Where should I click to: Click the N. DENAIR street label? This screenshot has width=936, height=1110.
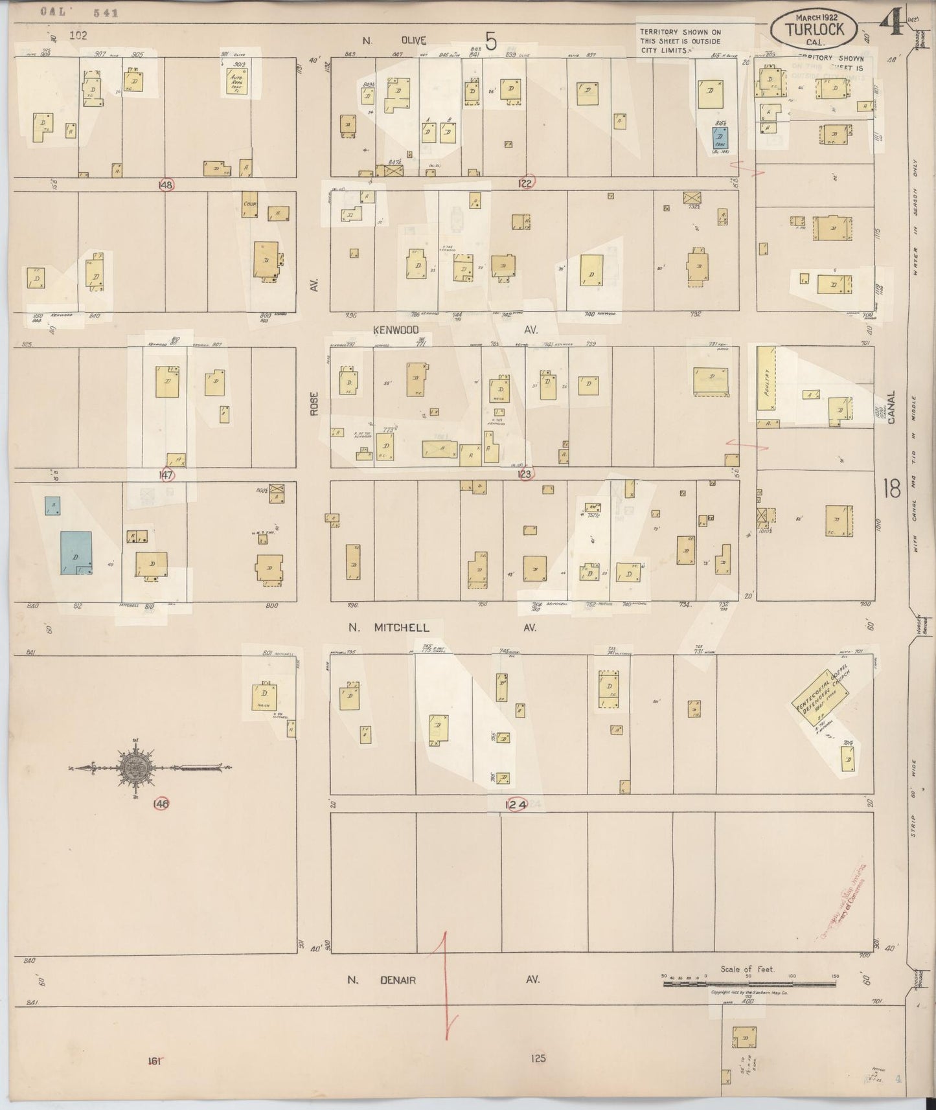coord(382,980)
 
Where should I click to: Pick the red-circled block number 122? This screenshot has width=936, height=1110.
coord(526,183)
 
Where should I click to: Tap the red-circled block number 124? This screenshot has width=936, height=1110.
coord(516,804)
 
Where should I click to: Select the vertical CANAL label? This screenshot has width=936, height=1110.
coord(892,407)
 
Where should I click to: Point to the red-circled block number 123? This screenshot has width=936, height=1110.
coord(525,474)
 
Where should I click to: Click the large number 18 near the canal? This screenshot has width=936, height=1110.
coord(892,488)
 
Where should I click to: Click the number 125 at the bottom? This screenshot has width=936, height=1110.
coord(538,1058)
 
